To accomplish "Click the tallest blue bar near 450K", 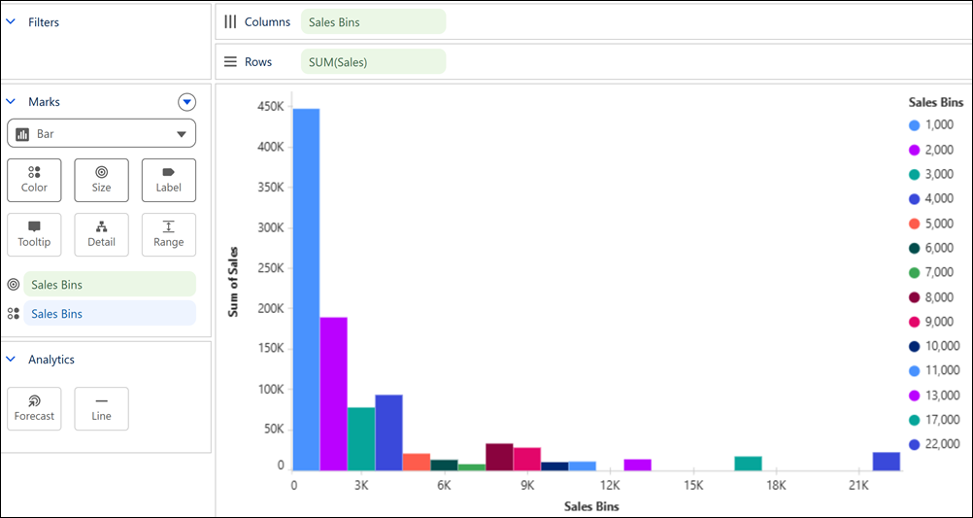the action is click(x=306, y=290).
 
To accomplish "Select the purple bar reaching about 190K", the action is click(x=333, y=394).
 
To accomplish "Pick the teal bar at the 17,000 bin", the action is click(x=748, y=464).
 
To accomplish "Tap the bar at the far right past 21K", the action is click(x=887, y=461).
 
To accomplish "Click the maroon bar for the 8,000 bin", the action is click(x=499, y=457).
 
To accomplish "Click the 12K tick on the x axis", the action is click(x=610, y=486).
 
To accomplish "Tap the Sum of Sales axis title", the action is click(x=233, y=282).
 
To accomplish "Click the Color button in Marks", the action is click(x=34, y=180).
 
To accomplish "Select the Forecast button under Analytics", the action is click(x=34, y=409).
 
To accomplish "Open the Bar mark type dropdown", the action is click(x=101, y=133).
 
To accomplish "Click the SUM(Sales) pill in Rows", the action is click(x=373, y=61).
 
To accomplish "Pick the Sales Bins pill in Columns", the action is click(x=373, y=21).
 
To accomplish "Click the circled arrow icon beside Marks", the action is click(x=186, y=102).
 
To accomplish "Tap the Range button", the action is click(x=169, y=235).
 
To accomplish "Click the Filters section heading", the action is click(x=44, y=22).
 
